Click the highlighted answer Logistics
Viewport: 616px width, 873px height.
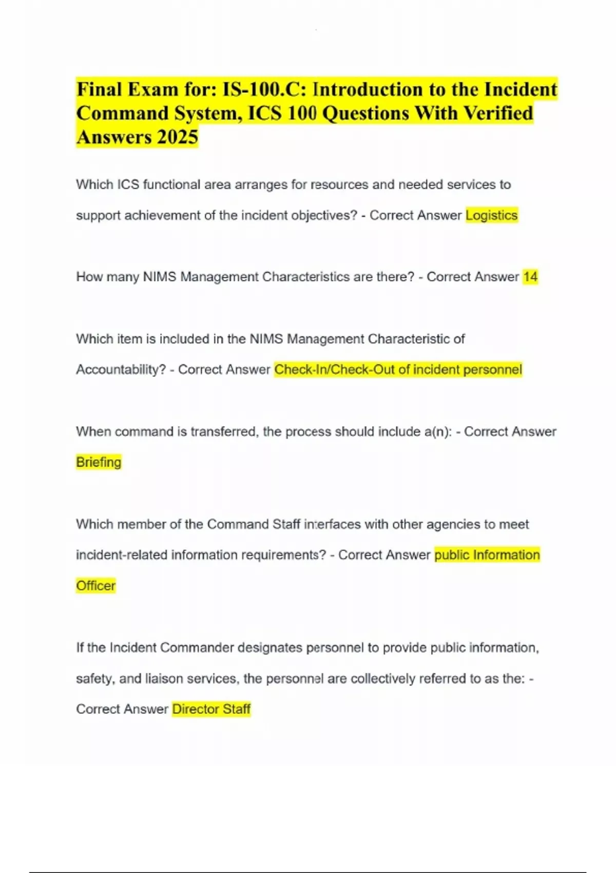tap(491, 215)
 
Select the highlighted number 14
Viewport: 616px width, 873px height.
tap(530, 277)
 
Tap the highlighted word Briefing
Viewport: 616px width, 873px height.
tap(99, 462)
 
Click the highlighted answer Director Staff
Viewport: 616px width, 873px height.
tap(211, 709)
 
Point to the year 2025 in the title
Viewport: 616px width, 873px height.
tap(178, 137)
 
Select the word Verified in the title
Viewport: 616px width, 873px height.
tap(498, 113)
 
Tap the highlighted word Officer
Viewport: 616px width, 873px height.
tap(95, 586)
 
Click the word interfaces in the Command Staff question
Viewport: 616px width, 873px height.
tap(332, 524)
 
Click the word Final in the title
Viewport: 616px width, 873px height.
tap(99, 89)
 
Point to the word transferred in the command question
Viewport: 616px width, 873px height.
tap(223, 431)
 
